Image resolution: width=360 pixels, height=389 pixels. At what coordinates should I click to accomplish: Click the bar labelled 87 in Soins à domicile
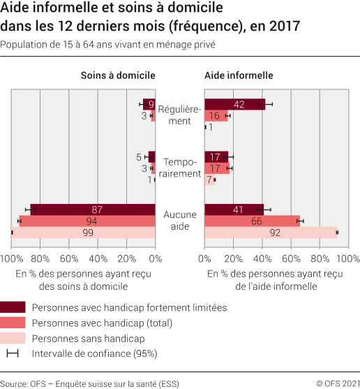click(x=92, y=210)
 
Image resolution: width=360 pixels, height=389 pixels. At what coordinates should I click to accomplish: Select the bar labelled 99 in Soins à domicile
click(x=84, y=233)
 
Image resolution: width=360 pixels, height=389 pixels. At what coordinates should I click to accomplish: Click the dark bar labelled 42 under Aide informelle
click(x=234, y=105)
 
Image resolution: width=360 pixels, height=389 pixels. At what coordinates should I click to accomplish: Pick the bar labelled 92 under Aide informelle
click(x=271, y=233)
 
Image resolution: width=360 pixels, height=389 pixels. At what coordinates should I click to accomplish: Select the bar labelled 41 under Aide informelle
click(x=234, y=210)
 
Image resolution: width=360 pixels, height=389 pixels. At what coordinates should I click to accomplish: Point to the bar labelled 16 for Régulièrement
click(x=216, y=116)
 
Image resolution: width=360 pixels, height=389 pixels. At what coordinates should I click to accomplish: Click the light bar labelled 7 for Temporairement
click(x=209, y=179)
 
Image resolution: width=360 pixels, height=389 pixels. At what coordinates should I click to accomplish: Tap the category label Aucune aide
click(x=180, y=221)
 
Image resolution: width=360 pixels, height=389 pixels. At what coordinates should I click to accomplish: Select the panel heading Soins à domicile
click(x=118, y=75)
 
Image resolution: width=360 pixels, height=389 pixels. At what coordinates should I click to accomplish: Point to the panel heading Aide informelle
click(x=239, y=75)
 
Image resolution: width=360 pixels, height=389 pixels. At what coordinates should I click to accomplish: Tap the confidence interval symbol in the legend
click(x=13, y=353)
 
